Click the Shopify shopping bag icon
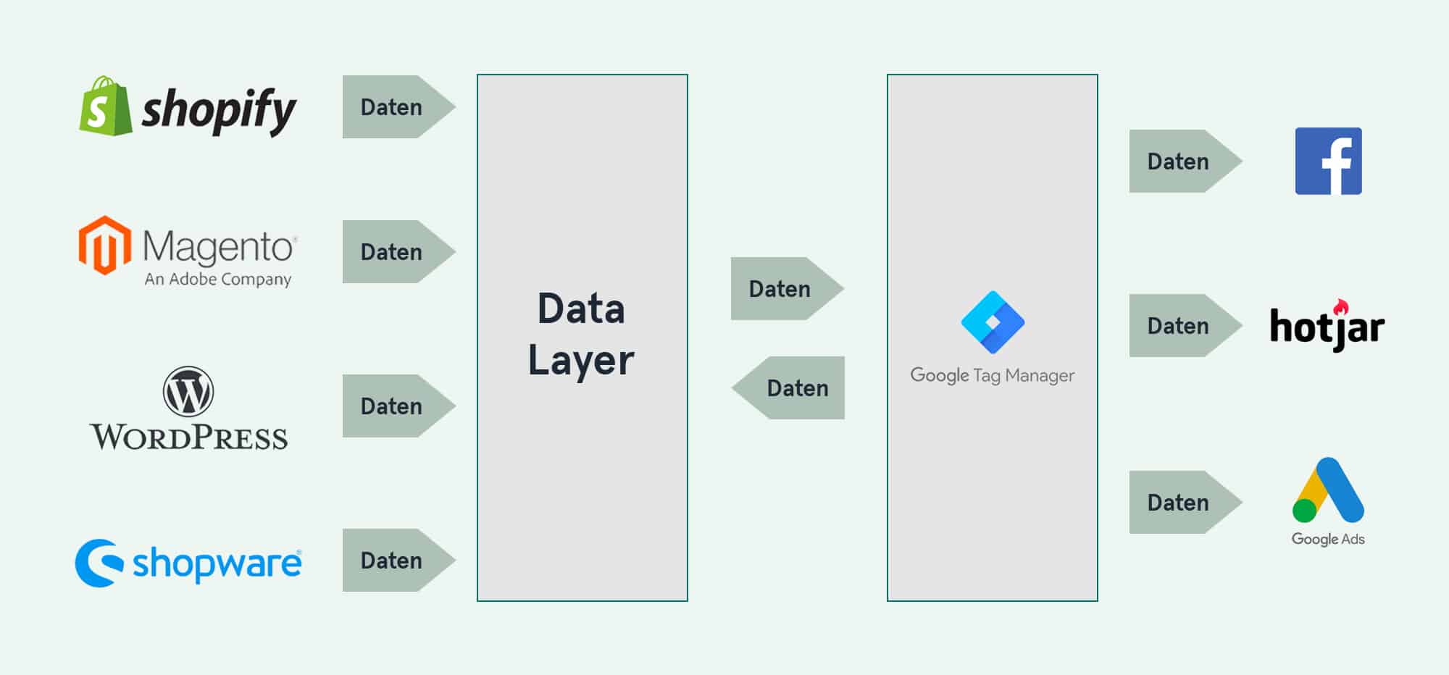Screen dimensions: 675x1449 click(105, 107)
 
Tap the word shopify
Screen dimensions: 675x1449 click(219, 110)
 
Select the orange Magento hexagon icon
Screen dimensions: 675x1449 click(105, 246)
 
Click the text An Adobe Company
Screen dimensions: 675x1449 click(217, 279)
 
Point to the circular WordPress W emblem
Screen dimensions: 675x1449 click(188, 391)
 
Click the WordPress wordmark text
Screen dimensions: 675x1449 click(188, 437)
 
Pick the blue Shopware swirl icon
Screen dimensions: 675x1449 click(98, 563)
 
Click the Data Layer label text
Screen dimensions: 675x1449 click(581, 335)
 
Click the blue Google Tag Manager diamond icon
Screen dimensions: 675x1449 click(993, 322)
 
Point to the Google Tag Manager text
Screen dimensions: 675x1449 click(993, 375)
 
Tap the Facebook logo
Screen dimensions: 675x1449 click(1328, 161)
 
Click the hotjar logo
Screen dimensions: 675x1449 click(1327, 327)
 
